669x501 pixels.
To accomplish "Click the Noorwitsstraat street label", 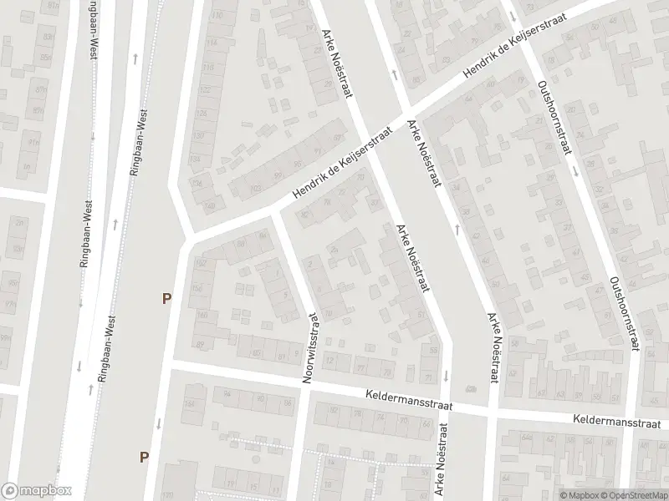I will coord(311,348).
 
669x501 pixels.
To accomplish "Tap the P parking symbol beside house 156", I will coord(167,297).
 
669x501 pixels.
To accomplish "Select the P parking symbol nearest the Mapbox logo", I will coord(145,456).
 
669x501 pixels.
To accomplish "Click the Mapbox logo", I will coord(35,491).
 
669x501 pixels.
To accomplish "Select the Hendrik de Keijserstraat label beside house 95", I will coord(344,164).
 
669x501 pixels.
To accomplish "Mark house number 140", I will coord(209,205).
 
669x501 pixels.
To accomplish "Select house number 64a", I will coord(526,436).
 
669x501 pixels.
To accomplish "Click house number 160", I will coord(202,316).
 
